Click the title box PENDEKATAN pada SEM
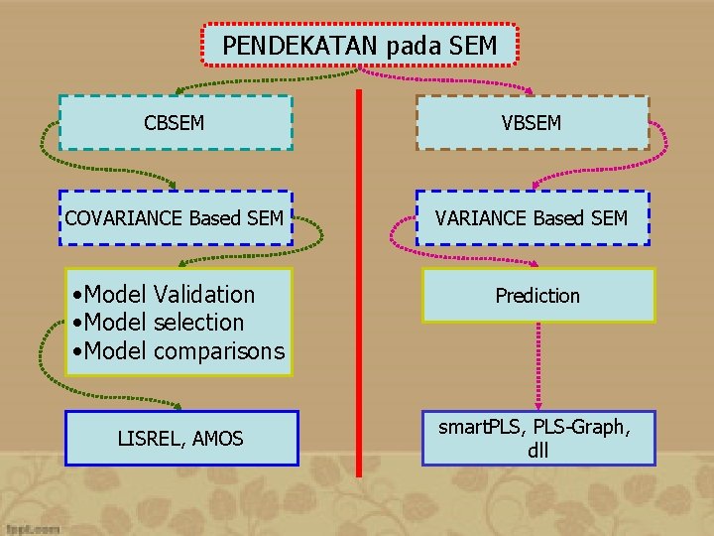coord(360,46)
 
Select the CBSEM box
coord(176,123)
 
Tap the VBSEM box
coord(532,123)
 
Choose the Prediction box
coord(537,296)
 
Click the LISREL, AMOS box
coord(181,438)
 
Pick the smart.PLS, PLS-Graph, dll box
coord(538,438)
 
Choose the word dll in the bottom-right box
coord(538,450)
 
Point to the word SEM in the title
coord(473,46)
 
